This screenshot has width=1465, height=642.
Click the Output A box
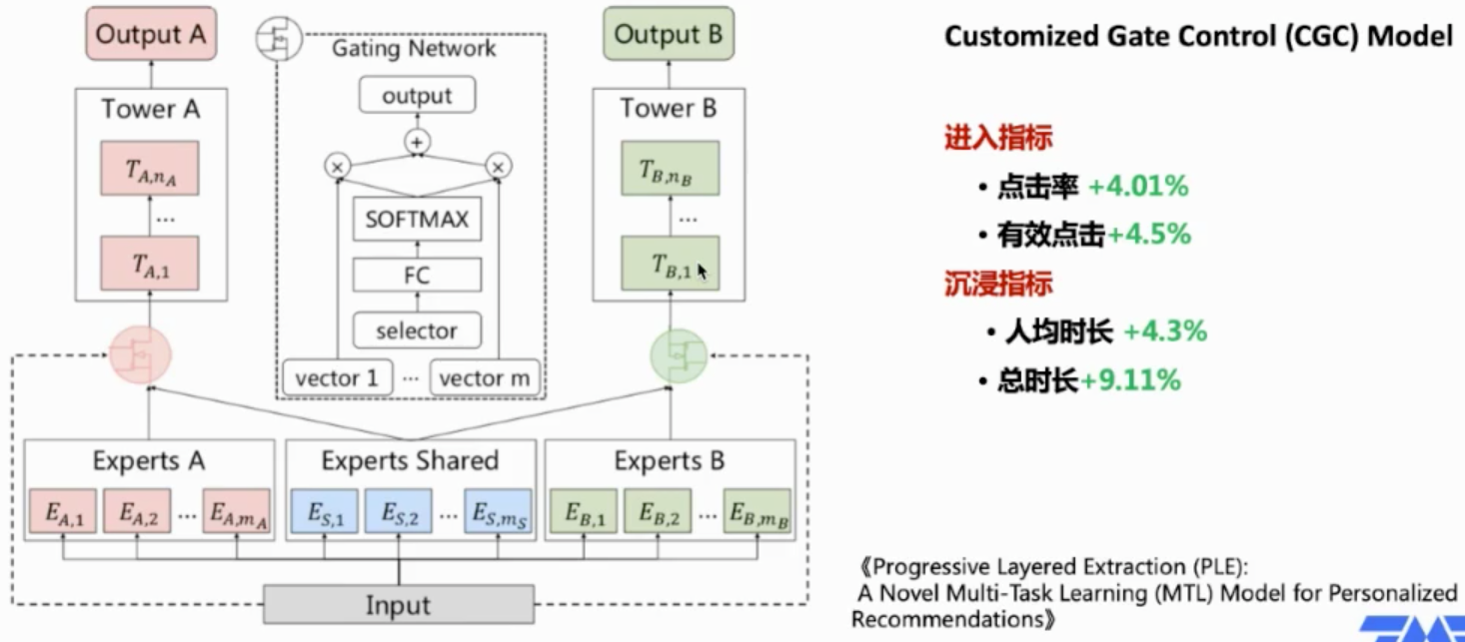[x=151, y=34]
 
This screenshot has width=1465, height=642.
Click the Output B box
[x=669, y=34]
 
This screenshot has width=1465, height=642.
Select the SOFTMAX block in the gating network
[x=417, y=219]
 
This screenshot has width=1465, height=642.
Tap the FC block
[x=417, y=275]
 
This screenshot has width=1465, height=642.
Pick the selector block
[x=417, y=330]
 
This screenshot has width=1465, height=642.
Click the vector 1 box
[x=337, y=378]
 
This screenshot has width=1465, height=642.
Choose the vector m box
[x=485, y=378]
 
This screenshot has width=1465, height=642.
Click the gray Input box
[x=398, y=605]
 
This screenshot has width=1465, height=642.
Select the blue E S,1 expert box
[x=323, y=512]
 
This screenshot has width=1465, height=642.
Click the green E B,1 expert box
[x=585, y=512]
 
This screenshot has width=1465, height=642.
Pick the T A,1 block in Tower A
[x=150, y=264]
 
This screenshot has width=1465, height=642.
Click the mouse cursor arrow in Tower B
[x=703, y=271]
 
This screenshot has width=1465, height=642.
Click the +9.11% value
[x=1130, y=380]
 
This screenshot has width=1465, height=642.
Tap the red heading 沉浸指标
[x=997, y=284]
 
